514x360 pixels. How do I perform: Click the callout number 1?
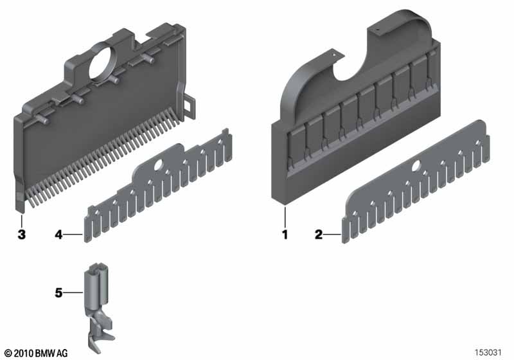[285, 235]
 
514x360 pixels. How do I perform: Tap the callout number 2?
[319, 235]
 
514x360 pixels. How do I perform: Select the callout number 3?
[22, 235]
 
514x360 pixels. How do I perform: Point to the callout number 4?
[58, 235]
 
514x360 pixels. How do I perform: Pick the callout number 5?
[58, 292]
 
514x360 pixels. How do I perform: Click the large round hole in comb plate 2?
[417, 166]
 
